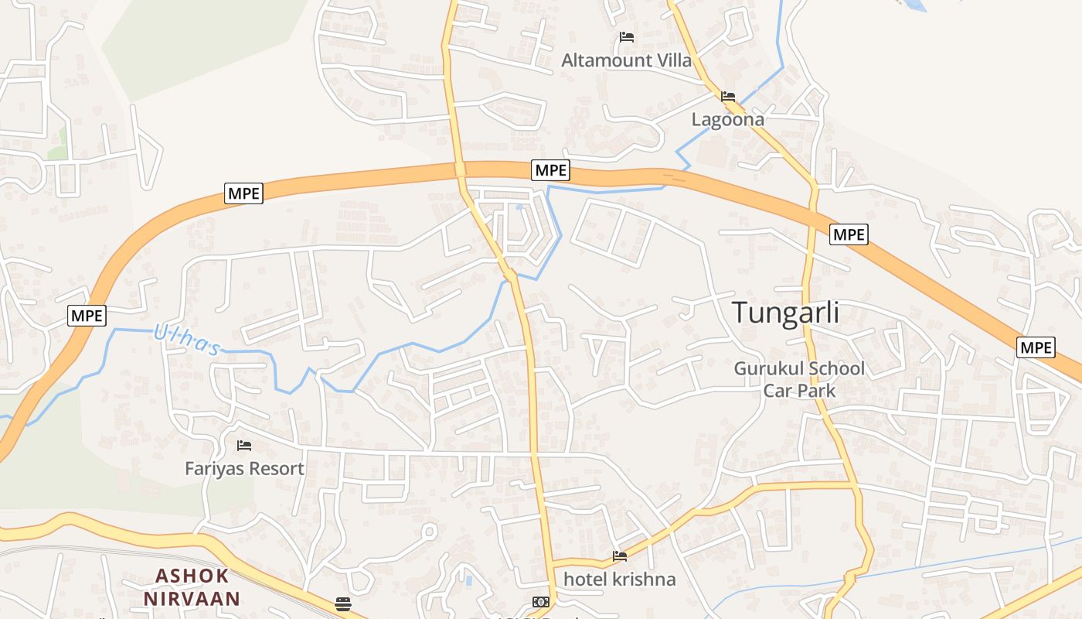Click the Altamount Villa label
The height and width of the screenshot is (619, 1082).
pos(626,60)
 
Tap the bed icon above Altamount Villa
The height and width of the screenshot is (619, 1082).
pos(627,37)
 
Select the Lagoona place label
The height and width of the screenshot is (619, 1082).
pos(727,120)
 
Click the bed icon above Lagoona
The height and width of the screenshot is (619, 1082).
pos(727,97)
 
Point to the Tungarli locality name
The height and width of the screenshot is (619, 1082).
pos(785,313)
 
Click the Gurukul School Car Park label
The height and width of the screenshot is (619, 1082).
pos(799,379)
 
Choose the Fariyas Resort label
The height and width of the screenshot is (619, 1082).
pos(244,468)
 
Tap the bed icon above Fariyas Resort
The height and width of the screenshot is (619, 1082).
pos(244,445)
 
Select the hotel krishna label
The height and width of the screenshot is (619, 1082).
pos(619,579)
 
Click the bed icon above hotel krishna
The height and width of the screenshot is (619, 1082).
pos(620,556)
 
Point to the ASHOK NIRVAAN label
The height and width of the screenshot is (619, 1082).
pos(192,587)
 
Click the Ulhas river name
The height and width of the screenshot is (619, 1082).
pos(187,340)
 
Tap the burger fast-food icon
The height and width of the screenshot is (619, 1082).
pos(343,604)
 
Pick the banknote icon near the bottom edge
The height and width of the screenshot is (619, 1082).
pos(541,602)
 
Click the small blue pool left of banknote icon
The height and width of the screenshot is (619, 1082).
pos(468,580)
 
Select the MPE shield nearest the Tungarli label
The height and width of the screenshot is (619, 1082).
pos(849,234)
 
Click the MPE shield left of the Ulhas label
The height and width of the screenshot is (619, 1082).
pos(87,315)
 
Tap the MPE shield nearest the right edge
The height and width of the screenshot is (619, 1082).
pos(1036,347)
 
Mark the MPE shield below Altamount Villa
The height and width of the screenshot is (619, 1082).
pos(550,170)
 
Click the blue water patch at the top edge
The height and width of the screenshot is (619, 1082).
pos(915,5)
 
